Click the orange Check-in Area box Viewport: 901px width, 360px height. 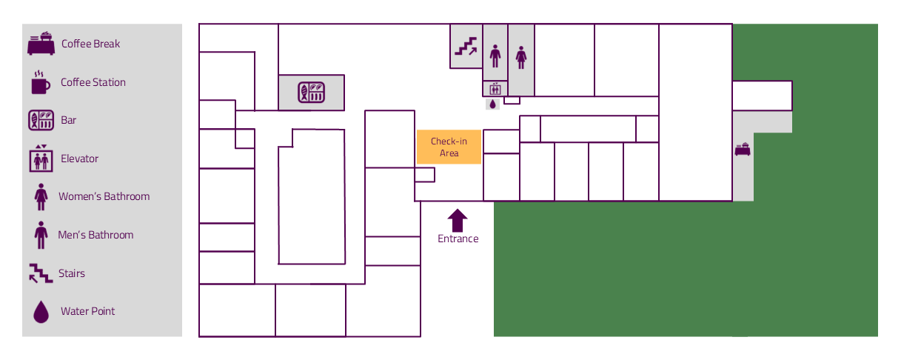[449, 147]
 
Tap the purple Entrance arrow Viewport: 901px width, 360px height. [458, 221]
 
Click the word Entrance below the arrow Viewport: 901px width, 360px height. [458, 239]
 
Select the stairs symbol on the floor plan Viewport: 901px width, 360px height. [466, 47]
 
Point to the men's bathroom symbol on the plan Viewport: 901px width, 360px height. [495, 56]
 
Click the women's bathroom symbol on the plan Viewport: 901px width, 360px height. [521, 58]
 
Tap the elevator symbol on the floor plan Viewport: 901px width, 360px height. [495, 88]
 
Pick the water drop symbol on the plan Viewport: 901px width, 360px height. [493, 104]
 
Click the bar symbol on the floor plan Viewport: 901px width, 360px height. [312, 92]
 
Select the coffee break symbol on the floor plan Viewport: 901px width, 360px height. [743, 149]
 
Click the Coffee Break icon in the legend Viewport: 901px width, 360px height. [41, 44]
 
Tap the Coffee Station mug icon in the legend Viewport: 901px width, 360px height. [41, 82]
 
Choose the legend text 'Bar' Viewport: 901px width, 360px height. [68, 120]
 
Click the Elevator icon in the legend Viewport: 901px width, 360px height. [41, 159]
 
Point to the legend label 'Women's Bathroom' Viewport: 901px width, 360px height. [104, 196]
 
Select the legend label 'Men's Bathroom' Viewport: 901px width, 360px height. [96, 235]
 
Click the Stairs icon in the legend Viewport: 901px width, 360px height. [41, 273]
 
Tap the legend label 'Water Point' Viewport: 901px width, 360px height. [87, 311]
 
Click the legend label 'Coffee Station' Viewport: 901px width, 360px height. [93, 82]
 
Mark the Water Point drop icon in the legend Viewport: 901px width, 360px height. [41, 312]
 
